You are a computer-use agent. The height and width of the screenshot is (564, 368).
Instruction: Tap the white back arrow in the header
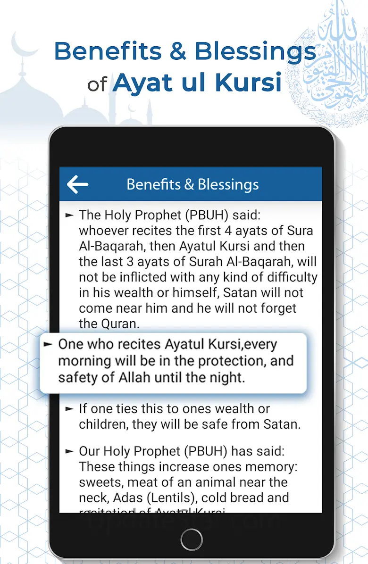tap(77, 184)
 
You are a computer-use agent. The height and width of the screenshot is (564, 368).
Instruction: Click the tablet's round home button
tap(191, 539)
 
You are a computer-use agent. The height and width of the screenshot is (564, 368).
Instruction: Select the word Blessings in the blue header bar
tap(228, 184)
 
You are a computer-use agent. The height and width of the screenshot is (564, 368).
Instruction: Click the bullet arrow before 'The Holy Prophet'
tap(69, 215)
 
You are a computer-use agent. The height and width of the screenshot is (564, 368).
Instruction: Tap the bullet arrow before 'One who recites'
tap(48, 344)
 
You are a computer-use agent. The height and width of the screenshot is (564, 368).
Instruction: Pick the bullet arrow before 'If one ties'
tap(69, 408)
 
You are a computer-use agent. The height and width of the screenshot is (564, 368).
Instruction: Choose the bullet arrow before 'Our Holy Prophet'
tap(69, 451)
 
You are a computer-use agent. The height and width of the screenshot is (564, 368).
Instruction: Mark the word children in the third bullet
tap(103, 424)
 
